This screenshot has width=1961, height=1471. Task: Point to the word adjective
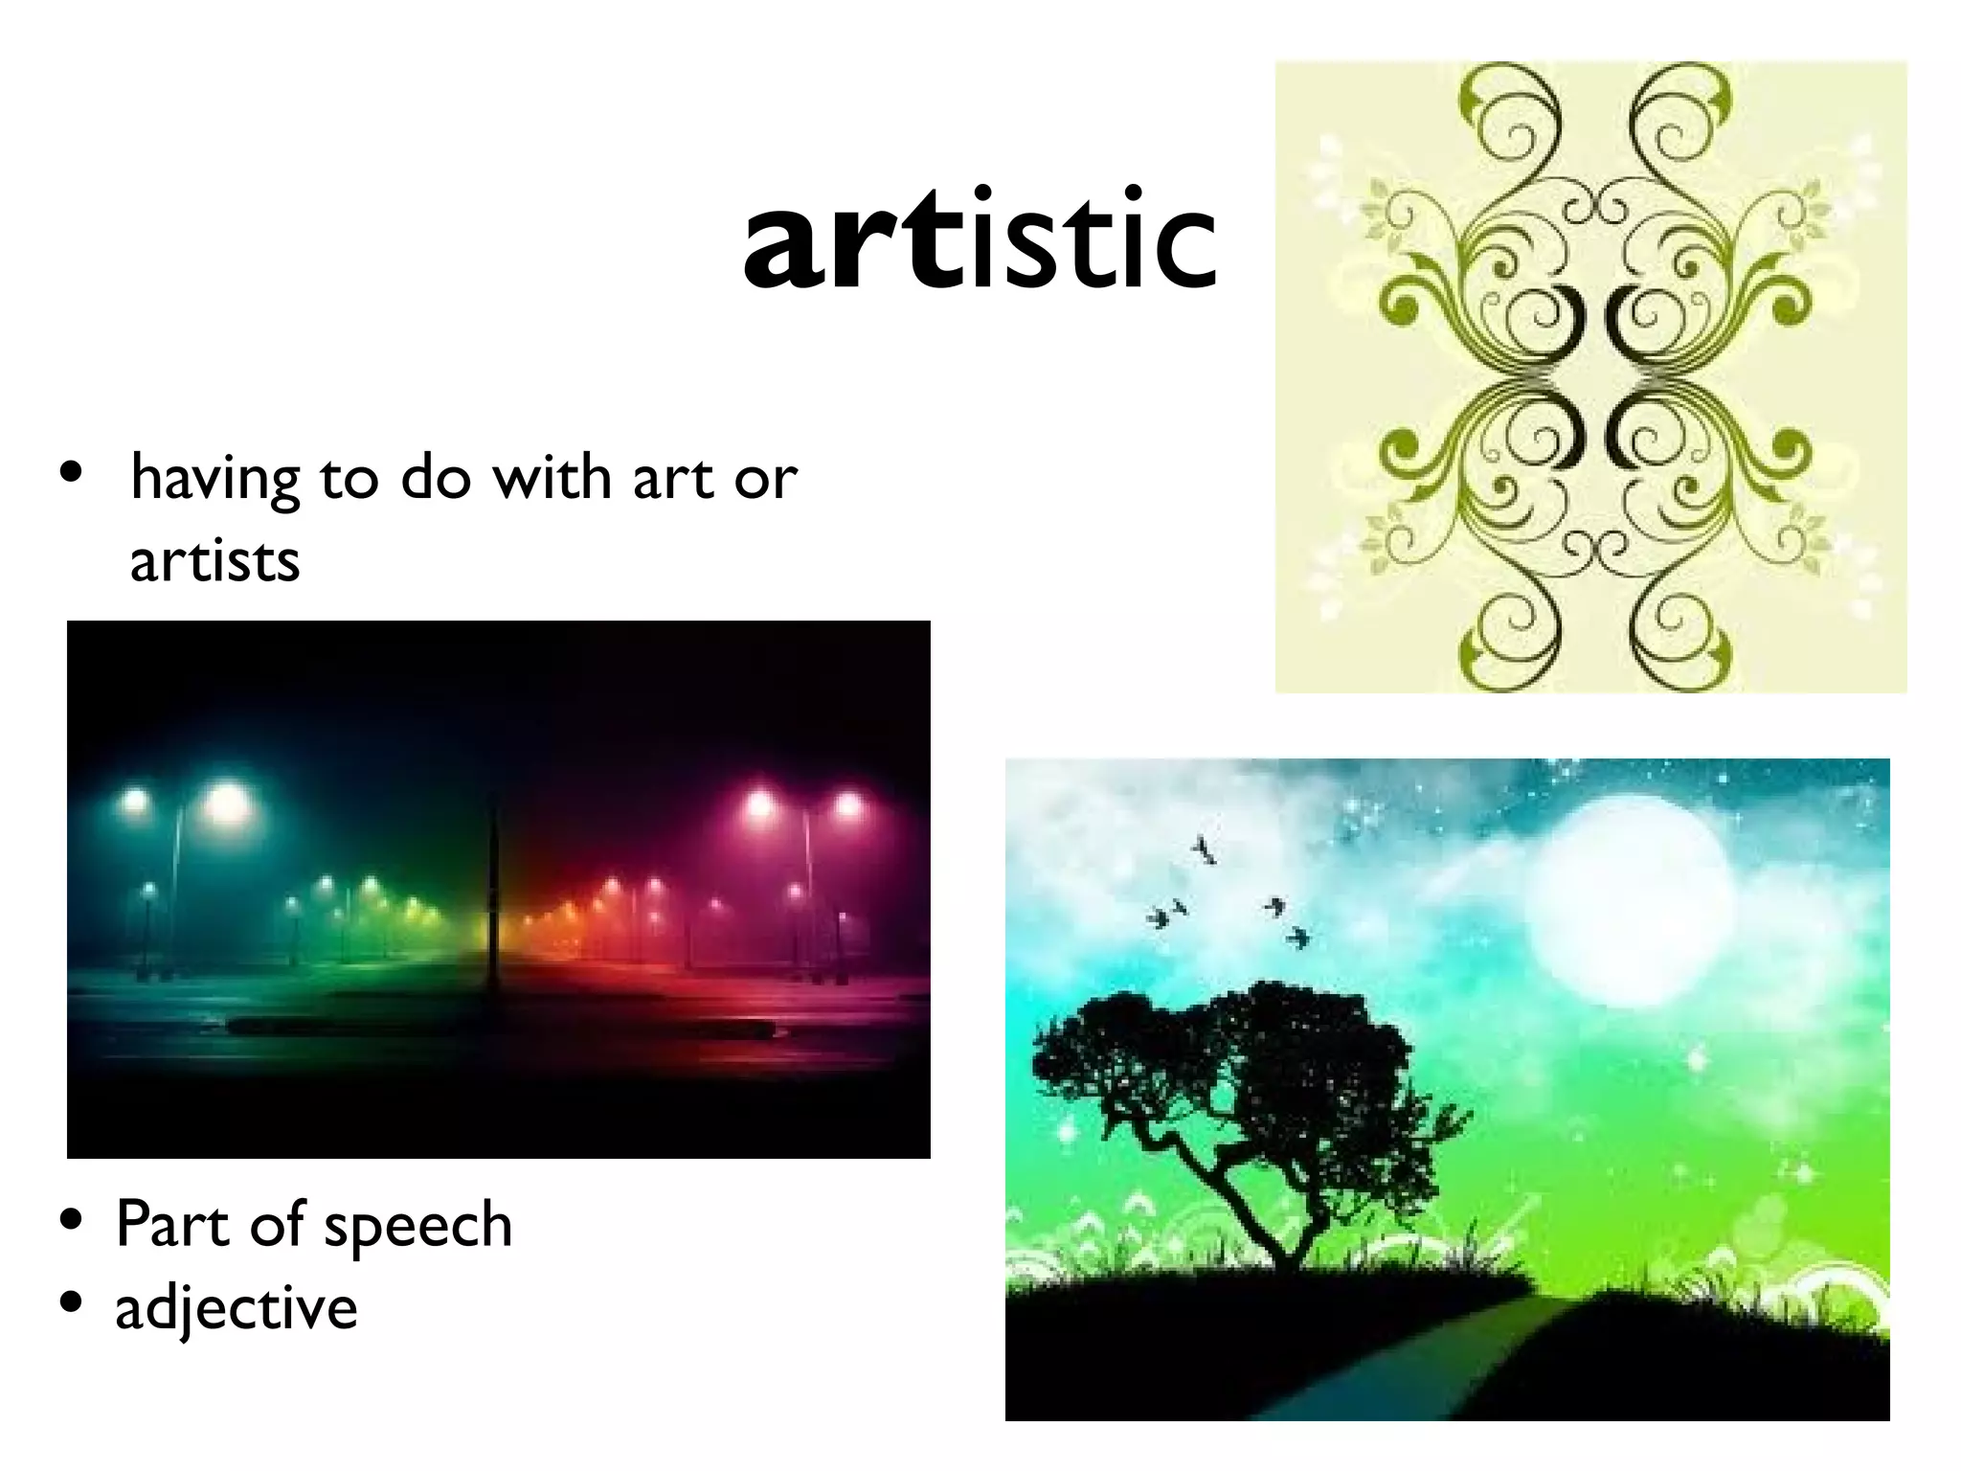(x=237, y=1308)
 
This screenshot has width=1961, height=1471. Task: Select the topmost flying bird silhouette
(x=1204, y=849)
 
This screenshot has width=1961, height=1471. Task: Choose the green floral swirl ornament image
(x=1590, y=376)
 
